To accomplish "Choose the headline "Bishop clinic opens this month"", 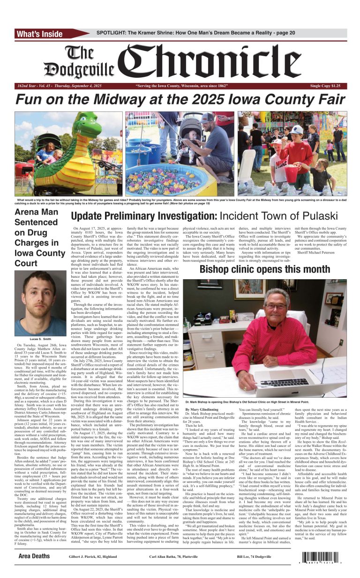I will (265, 270).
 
